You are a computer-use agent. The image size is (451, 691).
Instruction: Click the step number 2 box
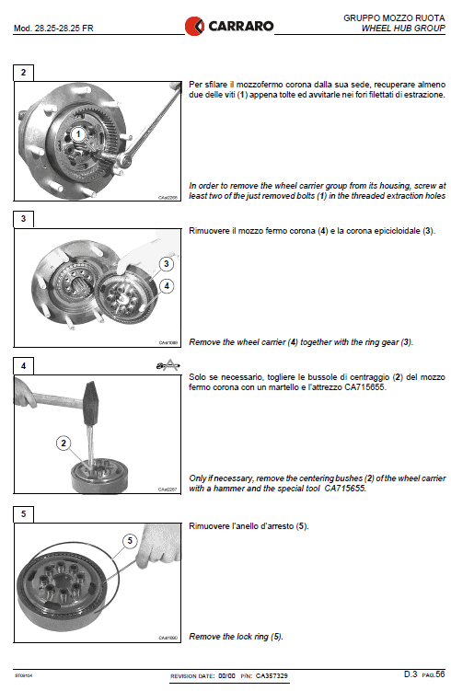point(23,72)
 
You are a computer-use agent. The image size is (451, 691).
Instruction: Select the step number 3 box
point(23,219)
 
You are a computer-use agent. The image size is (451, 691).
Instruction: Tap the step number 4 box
point(23,367)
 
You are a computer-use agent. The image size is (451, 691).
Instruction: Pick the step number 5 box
point(23,514)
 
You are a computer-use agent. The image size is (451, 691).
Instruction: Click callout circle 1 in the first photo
point(80,134)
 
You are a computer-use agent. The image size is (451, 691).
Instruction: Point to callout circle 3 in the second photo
point(167,264)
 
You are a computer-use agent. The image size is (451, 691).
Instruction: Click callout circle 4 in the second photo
point(167,285)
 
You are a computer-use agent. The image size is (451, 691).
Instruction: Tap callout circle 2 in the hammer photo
point(64,443)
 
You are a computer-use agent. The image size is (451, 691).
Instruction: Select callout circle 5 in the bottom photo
point(130,540)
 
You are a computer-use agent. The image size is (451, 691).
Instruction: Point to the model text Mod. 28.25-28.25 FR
point(53,29)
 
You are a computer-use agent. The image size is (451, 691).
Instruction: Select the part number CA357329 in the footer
point(272,676)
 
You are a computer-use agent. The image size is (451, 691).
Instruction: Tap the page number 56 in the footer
point(440,674)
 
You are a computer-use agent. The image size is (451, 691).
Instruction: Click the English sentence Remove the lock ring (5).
point(236,636)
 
